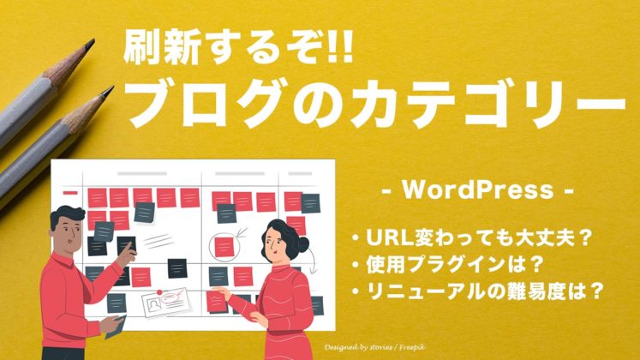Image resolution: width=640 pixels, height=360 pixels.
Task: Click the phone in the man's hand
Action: pyautogui.click(x=115, y=324)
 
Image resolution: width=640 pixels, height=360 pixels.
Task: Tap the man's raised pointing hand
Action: pyautogui.click(x=129, y=248)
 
